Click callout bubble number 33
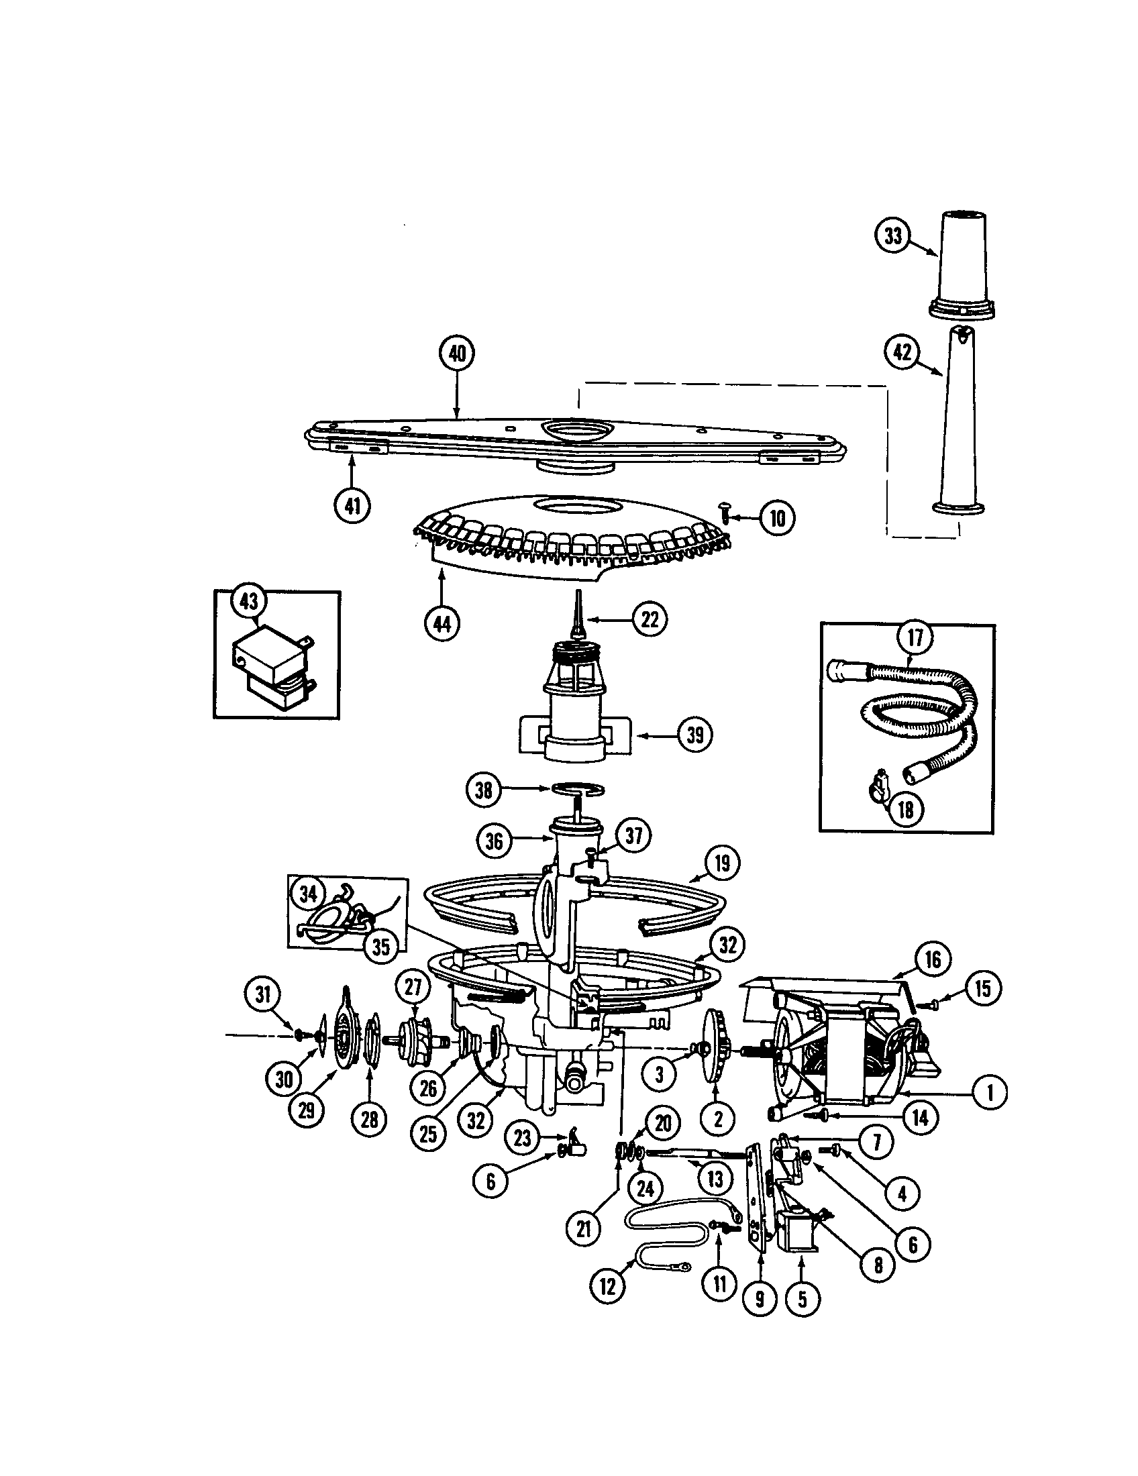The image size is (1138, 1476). coord(892,236)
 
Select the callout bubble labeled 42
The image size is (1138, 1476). coord(902,352)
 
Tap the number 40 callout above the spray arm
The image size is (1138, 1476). coord(458,354)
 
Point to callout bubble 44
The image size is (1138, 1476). coord(442,624)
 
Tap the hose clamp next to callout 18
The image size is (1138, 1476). coord(876,790)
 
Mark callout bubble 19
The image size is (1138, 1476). coord(722,863)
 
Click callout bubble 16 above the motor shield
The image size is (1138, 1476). coord(933,959)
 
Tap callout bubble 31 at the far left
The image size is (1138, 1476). coord(262,994)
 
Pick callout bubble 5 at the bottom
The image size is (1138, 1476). coord(802,1299)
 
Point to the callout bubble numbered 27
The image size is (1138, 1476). coord(413,988)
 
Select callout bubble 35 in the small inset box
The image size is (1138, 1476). coord(381,947)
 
